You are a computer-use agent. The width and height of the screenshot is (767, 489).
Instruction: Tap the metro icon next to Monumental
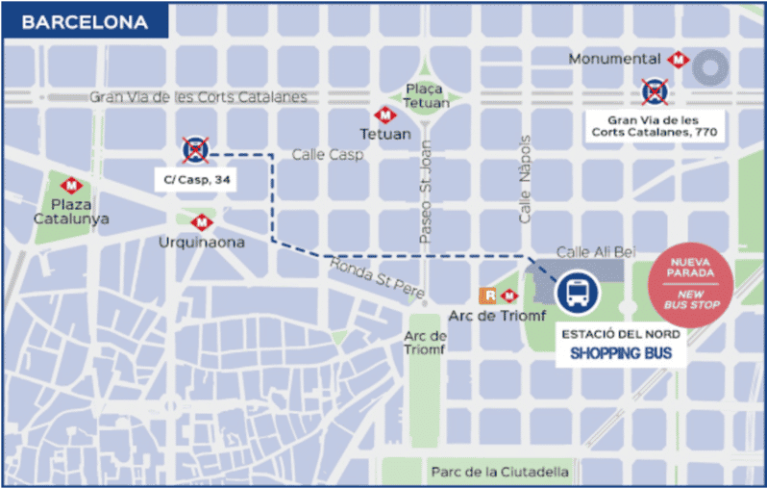(679, 59)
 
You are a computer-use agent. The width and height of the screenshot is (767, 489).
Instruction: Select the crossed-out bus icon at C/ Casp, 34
(195, 150)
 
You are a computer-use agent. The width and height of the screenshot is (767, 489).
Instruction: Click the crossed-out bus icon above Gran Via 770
(656, 91)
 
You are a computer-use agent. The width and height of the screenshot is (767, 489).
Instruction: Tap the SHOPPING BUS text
(621, 354)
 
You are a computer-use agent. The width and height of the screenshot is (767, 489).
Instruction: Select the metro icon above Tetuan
(384, 115)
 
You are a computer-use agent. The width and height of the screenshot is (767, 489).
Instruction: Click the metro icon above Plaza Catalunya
(71, 186)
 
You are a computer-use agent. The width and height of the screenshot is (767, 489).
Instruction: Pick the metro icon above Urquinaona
(201, 222)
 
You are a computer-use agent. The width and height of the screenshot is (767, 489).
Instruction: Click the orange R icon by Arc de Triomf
(490, 296)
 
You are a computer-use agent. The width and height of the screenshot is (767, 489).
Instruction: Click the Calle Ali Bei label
(596, 252)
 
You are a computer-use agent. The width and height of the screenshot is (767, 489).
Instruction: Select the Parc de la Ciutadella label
(499, 472)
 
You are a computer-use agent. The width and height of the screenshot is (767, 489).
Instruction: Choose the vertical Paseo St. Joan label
(424, 193)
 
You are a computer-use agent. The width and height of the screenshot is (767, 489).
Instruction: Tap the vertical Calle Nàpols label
(526, 179)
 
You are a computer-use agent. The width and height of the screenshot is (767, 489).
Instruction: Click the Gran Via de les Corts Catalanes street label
(198, 97)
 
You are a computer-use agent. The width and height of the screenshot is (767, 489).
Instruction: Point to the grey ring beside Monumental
(713, 67)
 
